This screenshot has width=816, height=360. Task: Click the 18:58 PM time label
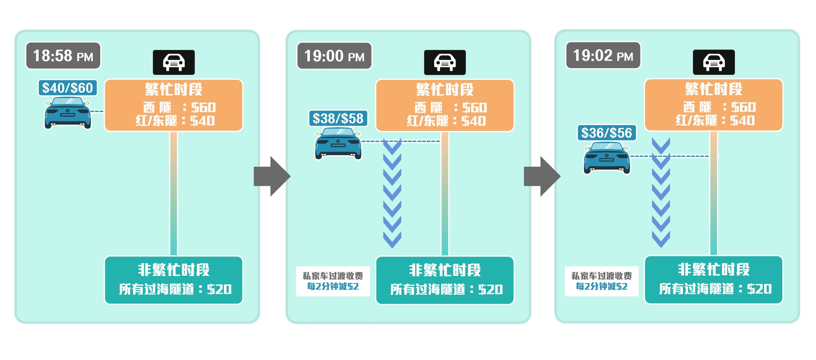point(63,56)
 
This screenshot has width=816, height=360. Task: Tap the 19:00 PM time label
point(334,56)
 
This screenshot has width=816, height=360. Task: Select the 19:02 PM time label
point(603,55)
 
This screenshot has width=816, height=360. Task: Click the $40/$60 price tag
point(68,88)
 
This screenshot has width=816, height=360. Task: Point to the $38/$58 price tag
point(338,118)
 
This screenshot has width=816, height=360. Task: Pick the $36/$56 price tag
point(607,133)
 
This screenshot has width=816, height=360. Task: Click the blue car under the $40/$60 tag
point(68,113)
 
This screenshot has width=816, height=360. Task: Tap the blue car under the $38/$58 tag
point(338,143)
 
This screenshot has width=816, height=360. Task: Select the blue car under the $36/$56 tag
point(607,158)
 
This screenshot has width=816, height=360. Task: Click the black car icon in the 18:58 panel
point(174,62)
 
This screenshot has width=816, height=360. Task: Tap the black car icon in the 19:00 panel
point(445,62)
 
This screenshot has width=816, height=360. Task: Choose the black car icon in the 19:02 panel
point(714,62)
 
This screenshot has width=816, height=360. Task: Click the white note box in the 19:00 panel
point(333,281)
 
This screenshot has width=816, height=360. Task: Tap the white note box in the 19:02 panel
point(601,281)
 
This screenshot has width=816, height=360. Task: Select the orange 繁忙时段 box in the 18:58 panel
point(174,105)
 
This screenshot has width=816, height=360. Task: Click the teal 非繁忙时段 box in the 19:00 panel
point(445,280)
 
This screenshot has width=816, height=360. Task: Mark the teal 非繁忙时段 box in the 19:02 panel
point(714,280)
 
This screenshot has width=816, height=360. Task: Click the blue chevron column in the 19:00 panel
point(392,193)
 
